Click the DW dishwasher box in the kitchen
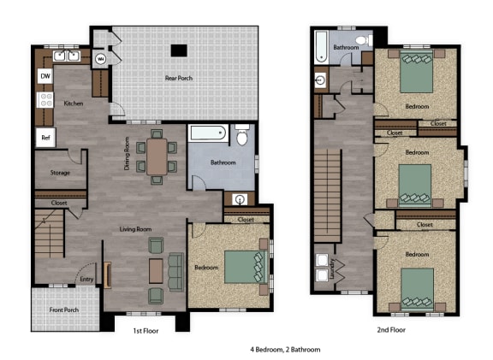click(45, 76)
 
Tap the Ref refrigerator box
click(45, 138)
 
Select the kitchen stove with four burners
click(45, 100)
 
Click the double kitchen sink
click(67, 56)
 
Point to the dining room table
click(157, 156)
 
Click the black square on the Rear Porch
click(179, 50)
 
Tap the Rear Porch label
click(179, 78)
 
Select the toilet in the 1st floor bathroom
click(241, 135)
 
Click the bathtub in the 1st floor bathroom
click(208, 133)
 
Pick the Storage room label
click(60, 173)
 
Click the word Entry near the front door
click(86, 279)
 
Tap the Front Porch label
click(64, 310)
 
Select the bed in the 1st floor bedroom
click(246, 267)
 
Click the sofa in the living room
click(176, 272)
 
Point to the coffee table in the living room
click(156, 271)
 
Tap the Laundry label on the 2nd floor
click(331, 269)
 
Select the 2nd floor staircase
click(328, 196)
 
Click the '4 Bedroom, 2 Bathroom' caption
click(285, 350)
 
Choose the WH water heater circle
click(101, 59)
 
